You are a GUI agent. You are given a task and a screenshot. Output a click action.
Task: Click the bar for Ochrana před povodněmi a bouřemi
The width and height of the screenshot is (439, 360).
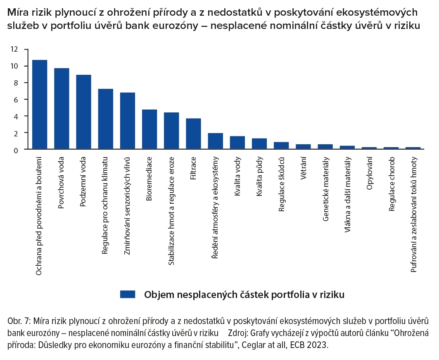click(x=40, y=105)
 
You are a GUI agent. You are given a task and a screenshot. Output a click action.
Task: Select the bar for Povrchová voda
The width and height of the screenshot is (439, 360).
click(x=62, y=109)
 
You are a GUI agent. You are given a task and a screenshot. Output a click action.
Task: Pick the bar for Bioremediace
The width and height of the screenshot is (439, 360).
click(x=149, y=129)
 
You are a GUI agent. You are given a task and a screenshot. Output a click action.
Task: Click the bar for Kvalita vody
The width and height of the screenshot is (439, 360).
click(x=237, y=143)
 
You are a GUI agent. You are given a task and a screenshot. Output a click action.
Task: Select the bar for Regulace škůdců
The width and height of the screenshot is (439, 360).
click(x=281, y=145)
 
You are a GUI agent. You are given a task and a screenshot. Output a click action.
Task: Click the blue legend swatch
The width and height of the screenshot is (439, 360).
click(x=128, y=294)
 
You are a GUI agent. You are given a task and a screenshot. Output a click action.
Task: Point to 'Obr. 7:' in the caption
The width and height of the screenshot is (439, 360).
click(x=19, y=322)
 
